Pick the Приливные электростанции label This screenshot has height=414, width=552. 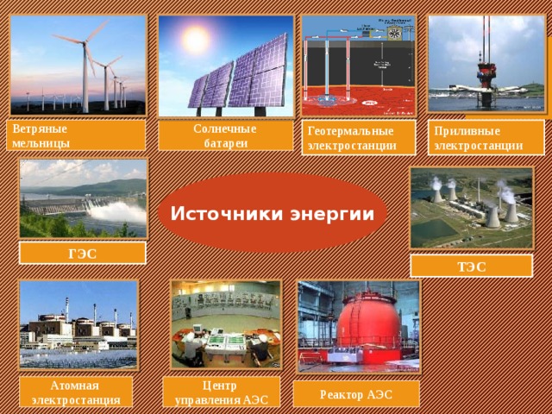[488, 136]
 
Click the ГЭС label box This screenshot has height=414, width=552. [83, 253]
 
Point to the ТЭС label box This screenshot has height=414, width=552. [471, 267]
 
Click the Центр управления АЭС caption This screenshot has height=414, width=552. [223, 392]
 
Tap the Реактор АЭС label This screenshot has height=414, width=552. [356, 394]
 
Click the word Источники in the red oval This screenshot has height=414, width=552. [220, 213]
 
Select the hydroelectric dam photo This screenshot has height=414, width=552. [83, 198]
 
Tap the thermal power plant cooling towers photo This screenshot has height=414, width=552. [471, 207]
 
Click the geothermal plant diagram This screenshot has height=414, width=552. [359, 66]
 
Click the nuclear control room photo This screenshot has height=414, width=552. [224, 323]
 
